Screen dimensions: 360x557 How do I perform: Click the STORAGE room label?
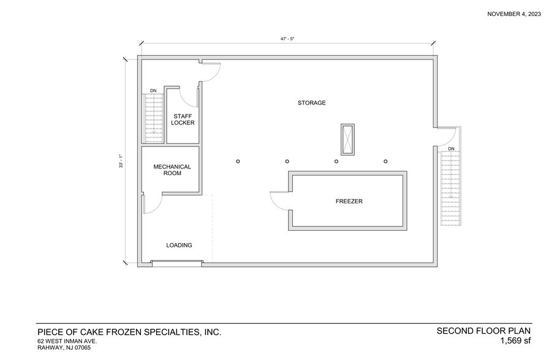311,103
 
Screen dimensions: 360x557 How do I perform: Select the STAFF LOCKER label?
183,119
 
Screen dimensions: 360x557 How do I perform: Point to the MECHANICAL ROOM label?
172,170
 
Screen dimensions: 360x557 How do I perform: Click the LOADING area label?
179,246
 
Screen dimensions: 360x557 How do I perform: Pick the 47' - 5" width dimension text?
287,39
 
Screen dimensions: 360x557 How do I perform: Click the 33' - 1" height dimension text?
123,161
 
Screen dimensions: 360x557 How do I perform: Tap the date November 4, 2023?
513,14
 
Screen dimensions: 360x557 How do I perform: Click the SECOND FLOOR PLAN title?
483,331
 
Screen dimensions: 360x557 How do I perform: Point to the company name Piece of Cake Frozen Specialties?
129,332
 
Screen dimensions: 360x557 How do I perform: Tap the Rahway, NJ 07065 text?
64,348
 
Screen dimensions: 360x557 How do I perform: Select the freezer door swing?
279,201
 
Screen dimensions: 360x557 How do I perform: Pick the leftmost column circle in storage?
237,162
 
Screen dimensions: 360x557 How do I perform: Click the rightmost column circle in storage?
385,162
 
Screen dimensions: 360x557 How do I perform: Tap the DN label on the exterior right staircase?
451,149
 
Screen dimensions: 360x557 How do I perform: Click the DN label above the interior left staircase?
153,91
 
